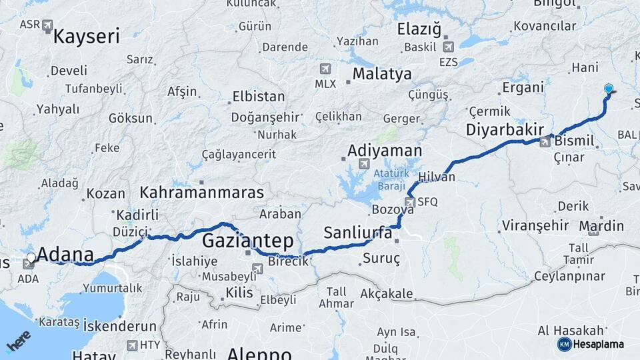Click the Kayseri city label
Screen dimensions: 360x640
86,36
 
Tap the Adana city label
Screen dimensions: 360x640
65,254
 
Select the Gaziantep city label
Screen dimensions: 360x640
247,239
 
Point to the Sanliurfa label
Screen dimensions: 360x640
357,233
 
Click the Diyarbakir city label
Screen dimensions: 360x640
505,129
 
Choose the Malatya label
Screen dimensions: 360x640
382,74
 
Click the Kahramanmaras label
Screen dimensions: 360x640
201,193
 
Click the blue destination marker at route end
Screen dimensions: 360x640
608,89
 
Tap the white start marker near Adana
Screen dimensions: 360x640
31,256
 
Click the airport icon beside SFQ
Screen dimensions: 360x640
410,202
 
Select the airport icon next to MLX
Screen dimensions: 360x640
325,68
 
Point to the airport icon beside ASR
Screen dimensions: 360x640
47,25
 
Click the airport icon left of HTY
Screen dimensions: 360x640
131,345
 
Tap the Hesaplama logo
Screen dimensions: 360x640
592,344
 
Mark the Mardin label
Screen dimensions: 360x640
601,227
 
